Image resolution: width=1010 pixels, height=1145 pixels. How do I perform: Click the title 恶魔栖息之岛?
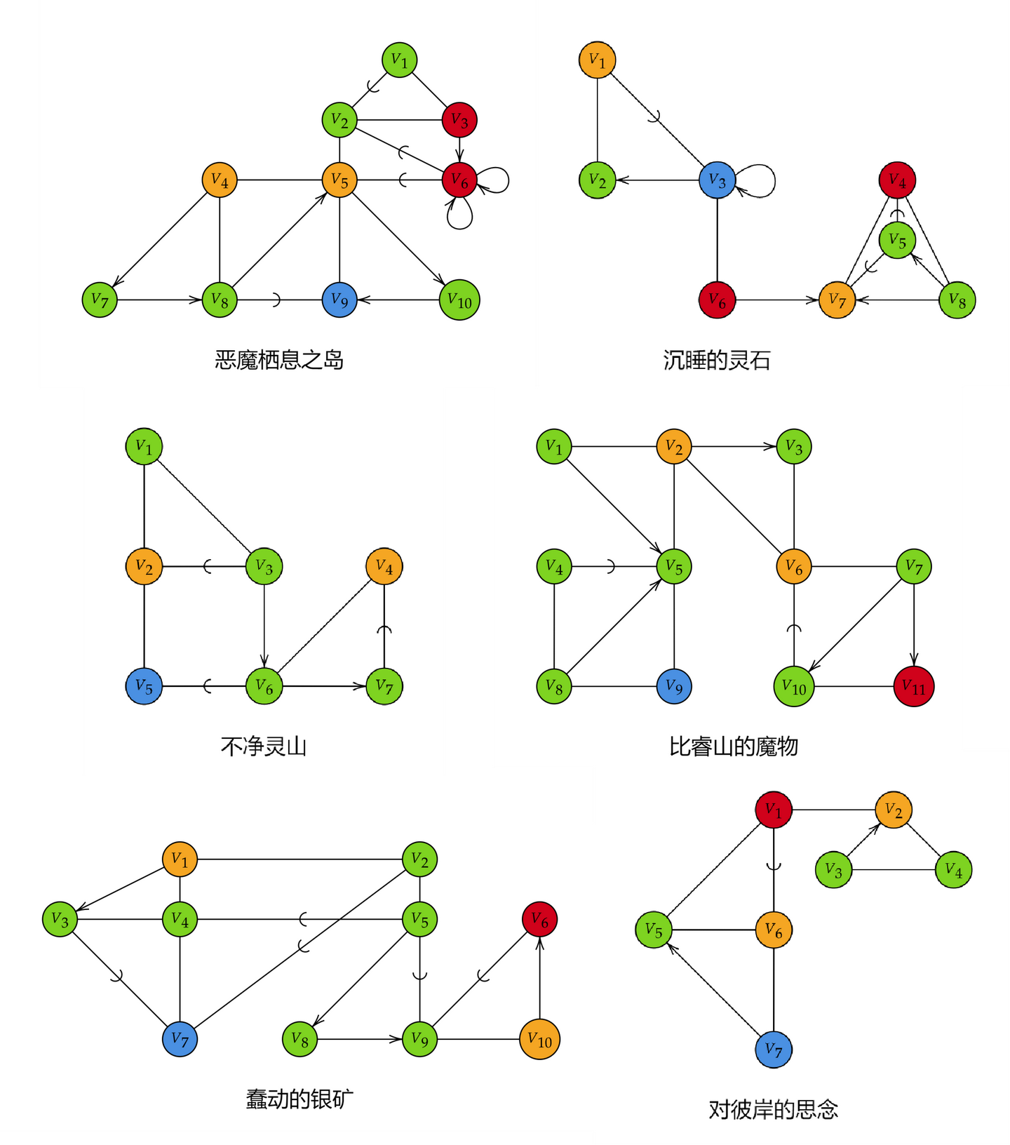279,360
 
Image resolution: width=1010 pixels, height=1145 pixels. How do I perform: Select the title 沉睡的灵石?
717,360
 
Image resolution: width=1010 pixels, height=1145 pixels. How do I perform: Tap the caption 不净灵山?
264,746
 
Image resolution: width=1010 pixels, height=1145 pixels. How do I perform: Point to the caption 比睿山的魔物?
734,746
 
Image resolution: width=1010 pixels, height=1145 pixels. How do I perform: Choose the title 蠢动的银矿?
299,1099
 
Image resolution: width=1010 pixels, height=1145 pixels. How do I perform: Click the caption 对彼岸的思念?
774,1109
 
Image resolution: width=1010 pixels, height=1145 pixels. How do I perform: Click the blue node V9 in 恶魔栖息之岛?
339,300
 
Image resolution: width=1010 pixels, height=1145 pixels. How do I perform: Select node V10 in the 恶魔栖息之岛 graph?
459,300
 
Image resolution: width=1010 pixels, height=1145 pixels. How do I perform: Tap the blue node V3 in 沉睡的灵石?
717,180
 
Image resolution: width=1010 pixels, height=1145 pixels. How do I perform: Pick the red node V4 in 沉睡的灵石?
897,180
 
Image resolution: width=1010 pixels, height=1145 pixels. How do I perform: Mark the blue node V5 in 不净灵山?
144,686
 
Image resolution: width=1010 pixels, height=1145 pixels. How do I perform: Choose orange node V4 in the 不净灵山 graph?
384,566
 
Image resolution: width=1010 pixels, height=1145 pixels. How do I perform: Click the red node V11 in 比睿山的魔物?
914,686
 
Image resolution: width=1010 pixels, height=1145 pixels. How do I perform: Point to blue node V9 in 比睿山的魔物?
674,686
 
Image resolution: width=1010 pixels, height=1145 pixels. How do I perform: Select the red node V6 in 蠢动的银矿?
539,919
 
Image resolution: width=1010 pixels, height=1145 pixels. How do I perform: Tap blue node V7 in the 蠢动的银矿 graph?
180,1039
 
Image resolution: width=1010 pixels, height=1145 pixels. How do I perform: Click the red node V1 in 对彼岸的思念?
774,810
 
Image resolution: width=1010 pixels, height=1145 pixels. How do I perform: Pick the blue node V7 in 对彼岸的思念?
774,1050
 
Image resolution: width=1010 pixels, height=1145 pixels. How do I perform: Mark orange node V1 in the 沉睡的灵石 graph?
597,60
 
